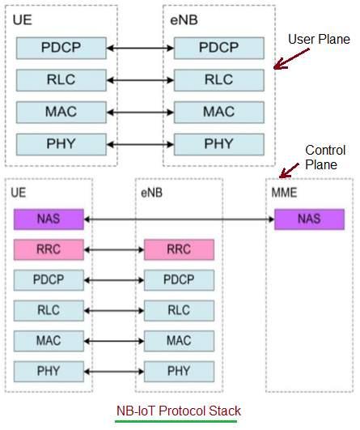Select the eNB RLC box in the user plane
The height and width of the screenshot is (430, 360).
point(218,80)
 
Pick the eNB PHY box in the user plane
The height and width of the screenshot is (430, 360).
point(218,144)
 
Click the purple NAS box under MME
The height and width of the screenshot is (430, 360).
point(309,219)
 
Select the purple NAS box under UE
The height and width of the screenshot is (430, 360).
point(48,219)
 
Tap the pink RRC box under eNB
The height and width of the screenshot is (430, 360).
point(179,249)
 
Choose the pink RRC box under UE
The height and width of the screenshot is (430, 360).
point(48,249)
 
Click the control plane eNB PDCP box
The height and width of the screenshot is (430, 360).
point(179,279)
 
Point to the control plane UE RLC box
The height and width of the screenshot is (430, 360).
point(48,310)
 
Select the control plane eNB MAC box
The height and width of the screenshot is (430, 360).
point(179,341)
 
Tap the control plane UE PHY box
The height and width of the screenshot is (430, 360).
point(48,372)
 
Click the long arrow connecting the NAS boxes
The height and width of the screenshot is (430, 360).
point(178,219)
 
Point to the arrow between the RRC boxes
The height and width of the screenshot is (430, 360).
point(113,249)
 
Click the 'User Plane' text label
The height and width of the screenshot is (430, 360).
point(320,40)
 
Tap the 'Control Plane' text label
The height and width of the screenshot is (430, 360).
point(325,157)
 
